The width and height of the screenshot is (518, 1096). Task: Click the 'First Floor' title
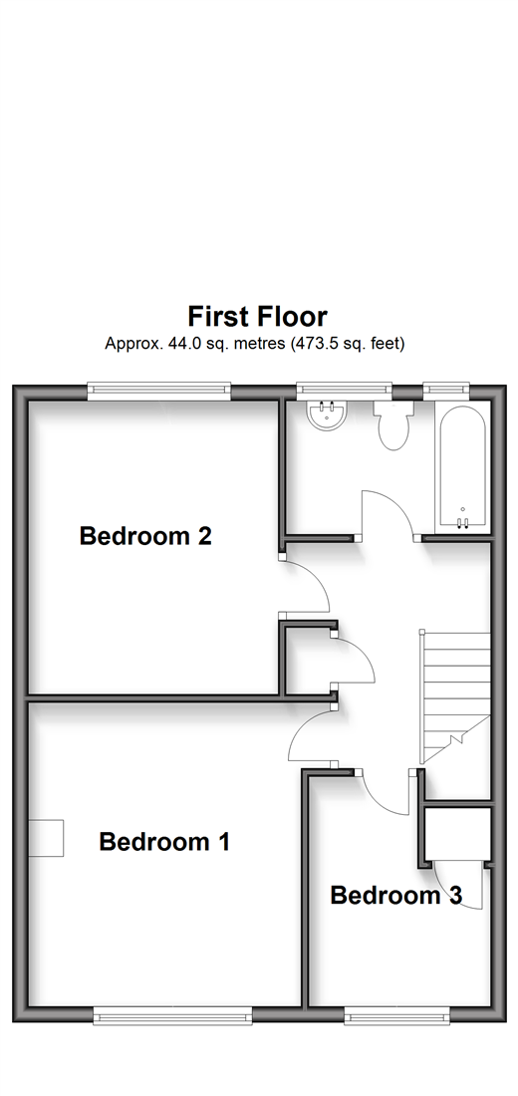[257, 317]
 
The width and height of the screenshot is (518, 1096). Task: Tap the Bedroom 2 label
[145, 536]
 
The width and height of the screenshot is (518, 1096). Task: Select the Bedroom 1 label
[165, 842]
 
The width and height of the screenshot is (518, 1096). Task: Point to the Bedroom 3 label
[396, 896]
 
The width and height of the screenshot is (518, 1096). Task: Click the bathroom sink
[325, 415]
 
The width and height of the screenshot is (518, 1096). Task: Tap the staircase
[455, 696]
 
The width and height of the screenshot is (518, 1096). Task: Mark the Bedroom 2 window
[158, 391]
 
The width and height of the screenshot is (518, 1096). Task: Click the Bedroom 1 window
[172, 1015]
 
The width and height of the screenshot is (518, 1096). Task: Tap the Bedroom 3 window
[397, 1015]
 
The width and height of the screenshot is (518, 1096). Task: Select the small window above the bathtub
[446, 391]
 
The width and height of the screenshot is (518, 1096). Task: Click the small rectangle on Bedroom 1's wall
[46, 838]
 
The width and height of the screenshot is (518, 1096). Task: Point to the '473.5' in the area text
[306, 344]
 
